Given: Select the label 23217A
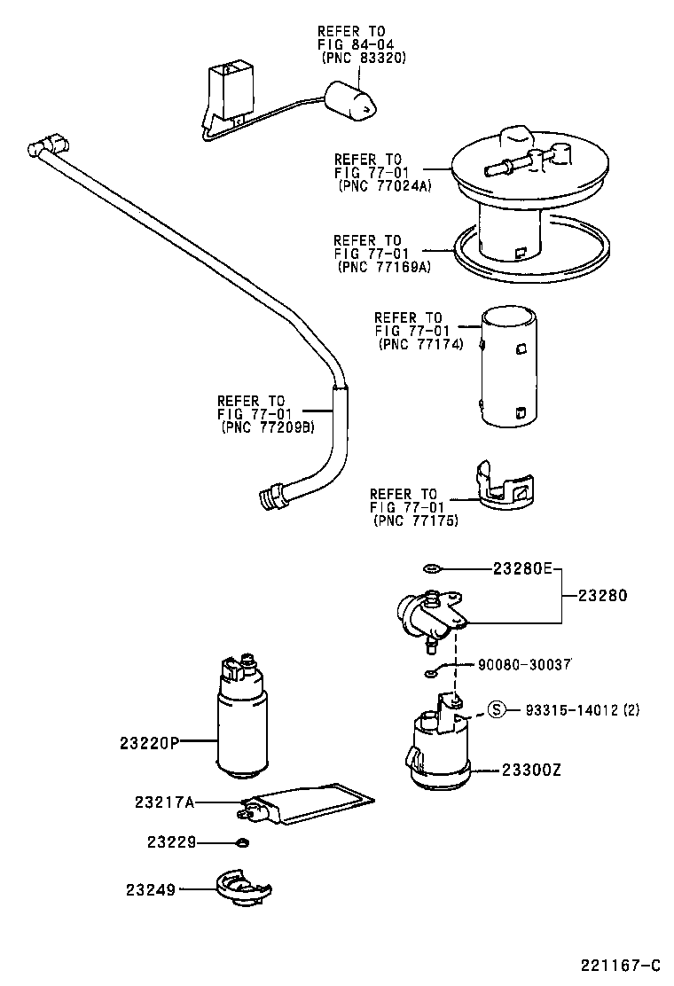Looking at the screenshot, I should (164, 802).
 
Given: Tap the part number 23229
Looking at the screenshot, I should (171, 841).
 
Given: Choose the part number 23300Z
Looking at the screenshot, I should (531, 771).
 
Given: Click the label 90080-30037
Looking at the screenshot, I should (524, 663).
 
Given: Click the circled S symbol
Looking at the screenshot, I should (498, 709).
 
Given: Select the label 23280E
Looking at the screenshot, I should (523, 569).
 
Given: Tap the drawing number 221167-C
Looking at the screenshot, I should (622, 966).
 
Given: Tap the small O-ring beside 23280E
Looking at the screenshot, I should (432, 569).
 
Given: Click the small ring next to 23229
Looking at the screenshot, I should (242, 841).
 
